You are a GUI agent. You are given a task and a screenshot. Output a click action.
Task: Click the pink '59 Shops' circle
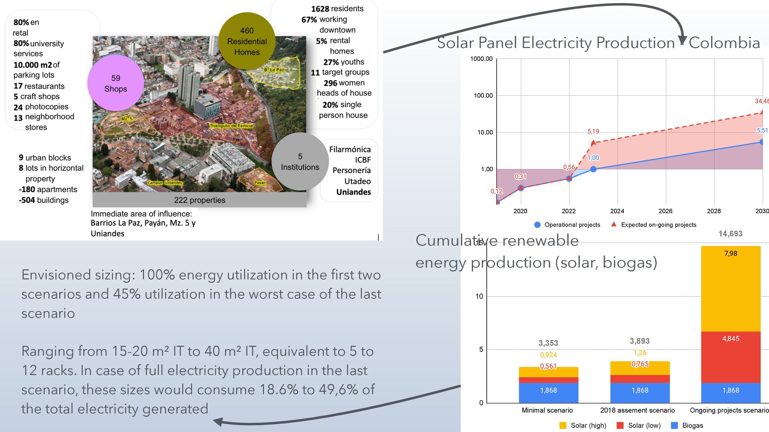[116, 83]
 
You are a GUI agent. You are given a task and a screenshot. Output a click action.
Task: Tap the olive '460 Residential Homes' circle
[247, 41]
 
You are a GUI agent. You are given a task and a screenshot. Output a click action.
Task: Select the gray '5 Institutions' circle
[300, 162]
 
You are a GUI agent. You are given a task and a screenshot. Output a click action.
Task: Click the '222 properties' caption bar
[199, 200]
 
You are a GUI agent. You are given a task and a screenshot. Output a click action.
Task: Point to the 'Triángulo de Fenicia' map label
[232, 126]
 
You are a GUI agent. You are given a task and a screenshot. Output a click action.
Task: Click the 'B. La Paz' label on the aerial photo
[274, 70]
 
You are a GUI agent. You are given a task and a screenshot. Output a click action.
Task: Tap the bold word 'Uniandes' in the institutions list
[353, 192]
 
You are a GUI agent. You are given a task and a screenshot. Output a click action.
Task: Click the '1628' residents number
[320, 9]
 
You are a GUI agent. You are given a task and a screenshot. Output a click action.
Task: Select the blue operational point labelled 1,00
[593, 169]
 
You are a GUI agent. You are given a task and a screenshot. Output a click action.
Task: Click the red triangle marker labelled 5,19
[593, 142]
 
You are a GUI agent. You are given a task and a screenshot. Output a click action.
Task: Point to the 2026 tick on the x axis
[665, 211]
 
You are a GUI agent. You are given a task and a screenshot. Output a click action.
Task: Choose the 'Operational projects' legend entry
[568, 225]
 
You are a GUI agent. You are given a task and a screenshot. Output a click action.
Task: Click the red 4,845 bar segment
[731, 357]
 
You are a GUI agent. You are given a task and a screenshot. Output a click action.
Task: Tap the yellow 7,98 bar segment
[731, 289]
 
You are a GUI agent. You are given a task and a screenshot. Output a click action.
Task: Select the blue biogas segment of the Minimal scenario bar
[548, 392]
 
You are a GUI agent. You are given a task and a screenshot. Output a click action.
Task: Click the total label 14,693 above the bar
[730, 234]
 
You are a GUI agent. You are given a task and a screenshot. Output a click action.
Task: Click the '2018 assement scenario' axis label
[637, 410]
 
